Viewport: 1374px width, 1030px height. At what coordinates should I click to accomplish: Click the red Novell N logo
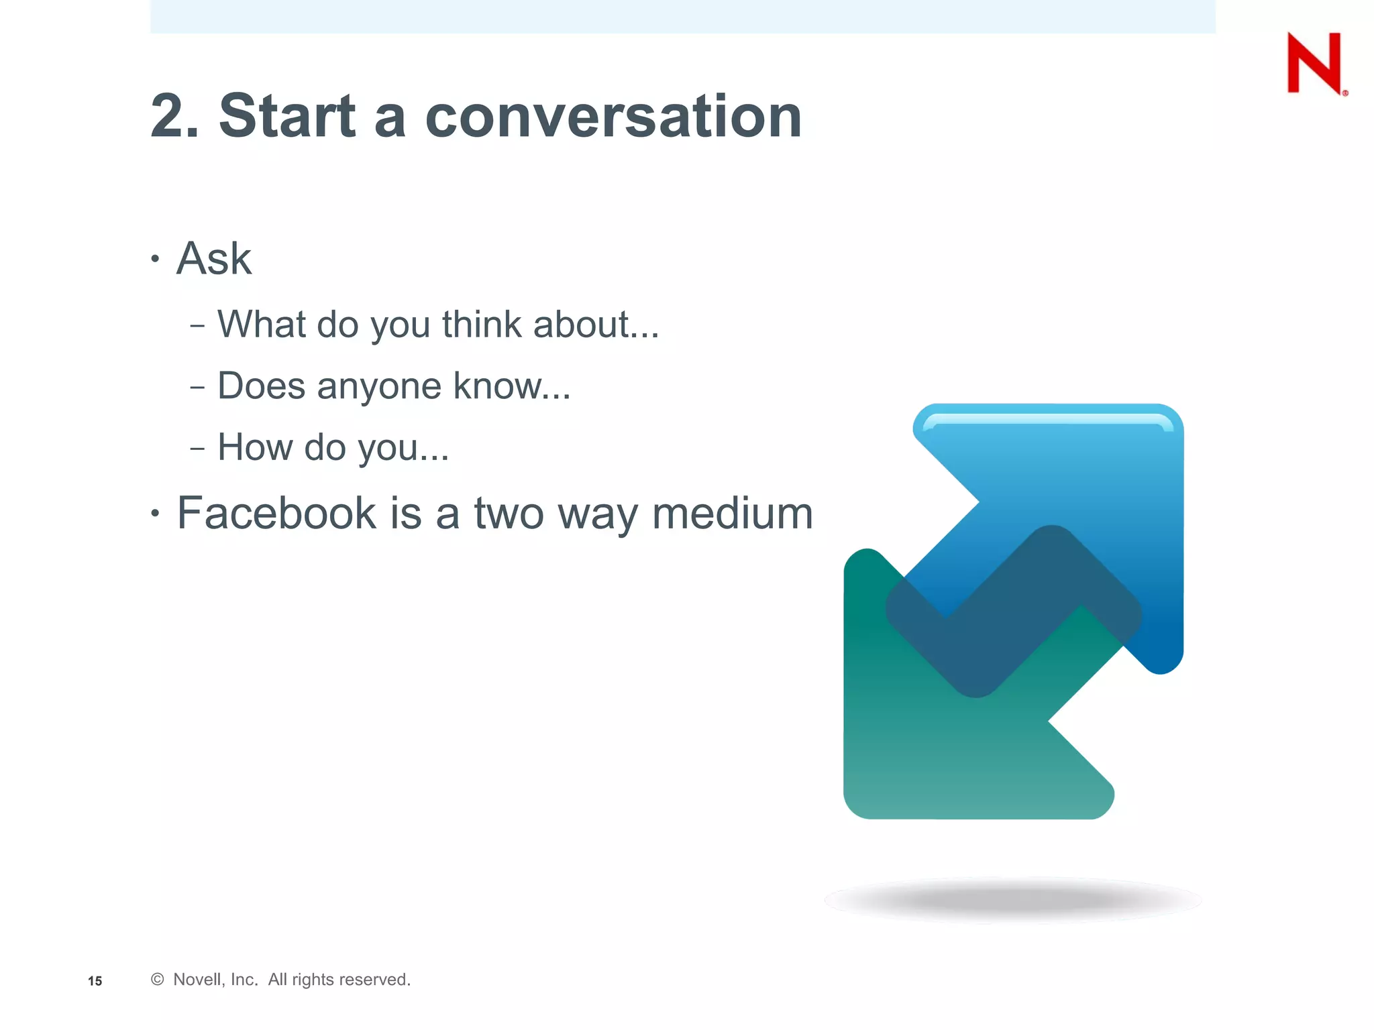pos(1314,64)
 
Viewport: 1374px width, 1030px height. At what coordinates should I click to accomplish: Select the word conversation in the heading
pos(613,117)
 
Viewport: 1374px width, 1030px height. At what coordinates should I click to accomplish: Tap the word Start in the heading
pos(287,117)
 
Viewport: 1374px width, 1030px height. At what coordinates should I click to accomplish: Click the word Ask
pos(213,259)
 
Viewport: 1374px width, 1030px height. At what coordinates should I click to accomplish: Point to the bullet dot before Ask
pos(155,259)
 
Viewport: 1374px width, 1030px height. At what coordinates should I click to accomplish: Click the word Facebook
pos(276,514)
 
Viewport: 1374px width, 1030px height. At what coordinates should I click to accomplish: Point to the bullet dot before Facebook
pos(155,514)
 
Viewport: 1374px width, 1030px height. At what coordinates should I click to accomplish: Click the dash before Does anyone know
pos(197,388)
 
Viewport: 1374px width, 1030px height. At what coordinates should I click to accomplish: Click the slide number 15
pos(95,981)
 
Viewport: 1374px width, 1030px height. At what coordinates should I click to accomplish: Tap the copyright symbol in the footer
pos(158,980)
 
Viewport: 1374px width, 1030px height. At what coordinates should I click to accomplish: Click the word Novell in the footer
pos(196,980)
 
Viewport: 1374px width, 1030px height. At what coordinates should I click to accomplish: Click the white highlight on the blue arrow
pos(1047,420)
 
